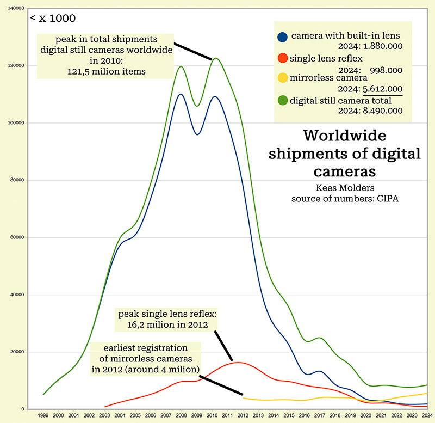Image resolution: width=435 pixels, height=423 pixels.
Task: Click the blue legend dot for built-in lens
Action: pyautogui.click(x=282, y=37)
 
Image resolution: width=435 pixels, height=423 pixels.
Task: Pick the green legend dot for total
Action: pyautogui.click(x=282, y=100)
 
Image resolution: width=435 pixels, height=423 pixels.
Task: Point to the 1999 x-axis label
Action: pyautogui.click(x=43, y=415)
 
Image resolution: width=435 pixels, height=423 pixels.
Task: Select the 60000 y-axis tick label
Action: pyautogui.click(x=17, y=238)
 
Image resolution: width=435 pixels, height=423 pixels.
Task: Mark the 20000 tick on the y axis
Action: pyautogui.click(x=17, y=352)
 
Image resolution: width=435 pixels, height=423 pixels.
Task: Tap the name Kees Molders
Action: pyautogui.click(x=345, y=188)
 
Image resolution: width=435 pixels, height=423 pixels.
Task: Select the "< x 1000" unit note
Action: pyautogui.click(x=53, y=19)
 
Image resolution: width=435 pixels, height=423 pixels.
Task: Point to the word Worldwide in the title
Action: pyautogui.click(x=345, y=136)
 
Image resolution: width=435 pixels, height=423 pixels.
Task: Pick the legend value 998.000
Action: pyautogui.click(x=386, y=69)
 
